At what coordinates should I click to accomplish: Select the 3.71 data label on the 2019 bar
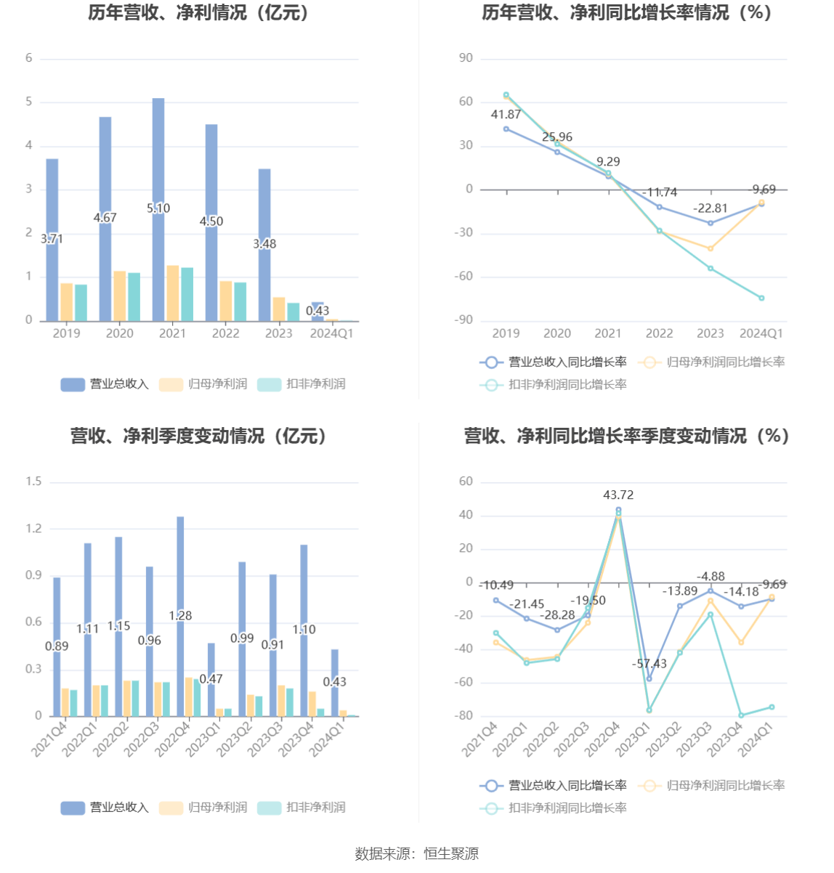(52, 239)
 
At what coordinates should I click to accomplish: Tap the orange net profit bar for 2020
(119, 296)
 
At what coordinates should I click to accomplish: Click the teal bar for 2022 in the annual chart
(240, 301)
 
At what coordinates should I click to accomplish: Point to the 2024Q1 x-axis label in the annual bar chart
(331, 333)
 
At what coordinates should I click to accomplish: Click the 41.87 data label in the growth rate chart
(506, 115)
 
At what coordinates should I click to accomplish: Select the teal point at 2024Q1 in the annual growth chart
(761, 298)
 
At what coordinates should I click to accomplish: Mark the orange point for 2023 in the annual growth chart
(710, 248)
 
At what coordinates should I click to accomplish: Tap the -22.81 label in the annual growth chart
(710, 208)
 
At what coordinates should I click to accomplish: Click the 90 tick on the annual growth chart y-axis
(466, 58)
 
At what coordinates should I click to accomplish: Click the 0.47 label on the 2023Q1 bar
(211, 679)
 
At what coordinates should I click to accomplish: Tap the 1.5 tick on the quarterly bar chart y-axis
(33, 482)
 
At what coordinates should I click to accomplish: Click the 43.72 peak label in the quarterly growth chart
(618, 495)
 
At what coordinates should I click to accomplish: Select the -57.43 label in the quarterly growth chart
(649, 664)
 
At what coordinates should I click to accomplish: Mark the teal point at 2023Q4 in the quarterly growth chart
(741, 715)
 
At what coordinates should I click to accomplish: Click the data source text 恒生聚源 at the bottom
(451, 854)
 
